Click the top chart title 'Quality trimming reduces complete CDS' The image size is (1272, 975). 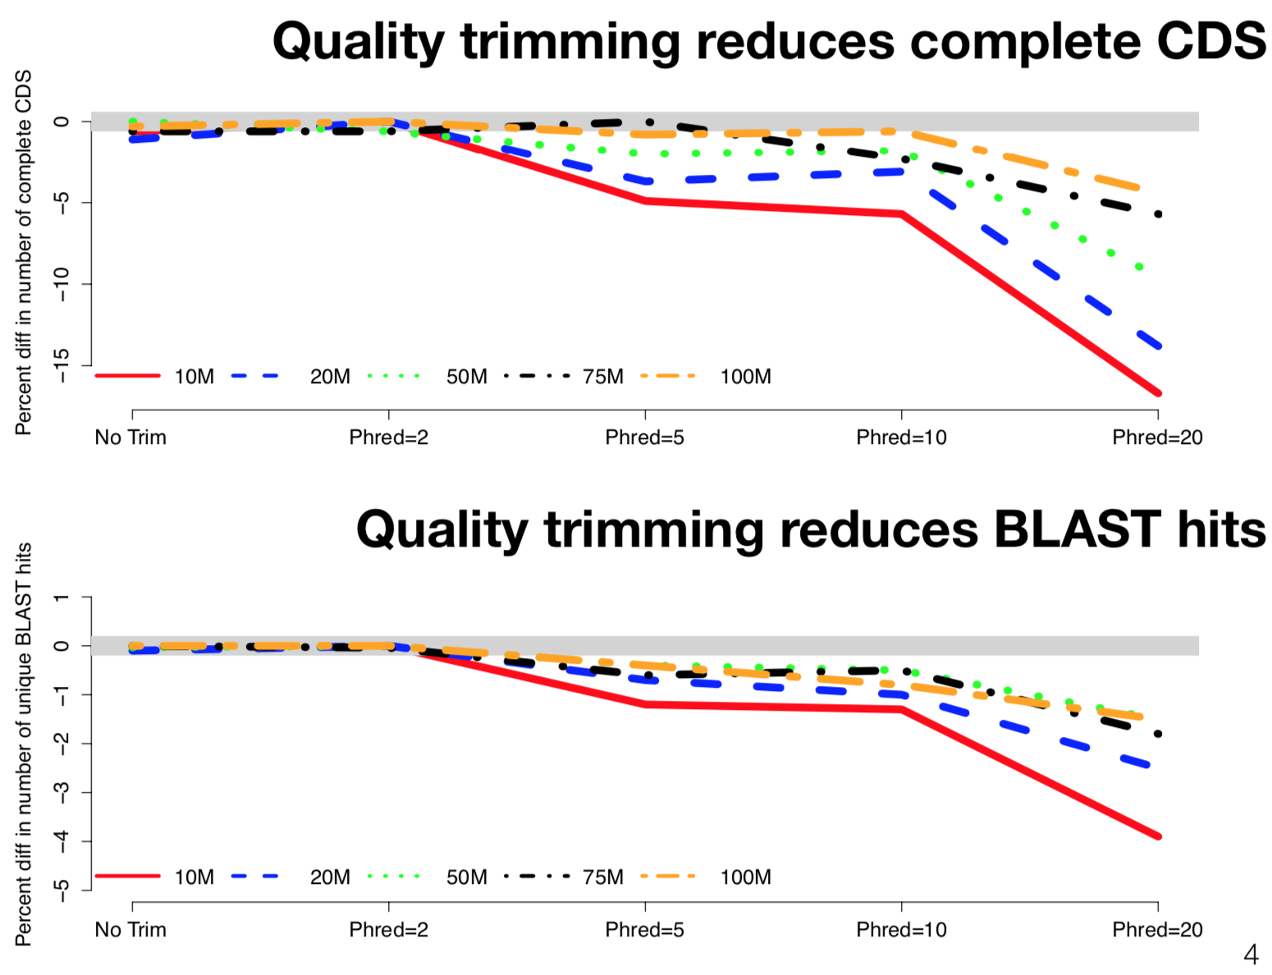pyautogui.click(x=769, y=41)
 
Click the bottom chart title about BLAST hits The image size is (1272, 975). pyautogui.click(x=811, y=529)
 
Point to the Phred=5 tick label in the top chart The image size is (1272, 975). pyautogui.click(x=644, y=437)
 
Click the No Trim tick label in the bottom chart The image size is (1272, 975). pyautogui.click(x=130, y=930)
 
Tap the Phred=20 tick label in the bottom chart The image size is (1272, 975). pyautogui.click(x=1157, y=930)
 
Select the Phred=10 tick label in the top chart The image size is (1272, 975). pyautogui.click(x=901, y=437)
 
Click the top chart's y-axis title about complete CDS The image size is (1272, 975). pyautogui.click(x=24, y=252)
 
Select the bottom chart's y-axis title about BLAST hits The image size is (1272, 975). pyautogui.click(x=24, y=744)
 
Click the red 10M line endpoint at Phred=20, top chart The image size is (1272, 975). pyautogui.click(x=1158, y=393)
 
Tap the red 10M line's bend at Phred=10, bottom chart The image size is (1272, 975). pyautogui.click(x=902, y=709)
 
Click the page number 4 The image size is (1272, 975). pyautogui.click(x=1251, y=954)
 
